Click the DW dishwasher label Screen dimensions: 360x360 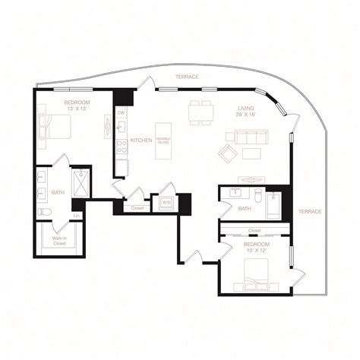121,113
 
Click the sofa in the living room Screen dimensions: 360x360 252,137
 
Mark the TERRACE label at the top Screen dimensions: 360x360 187,77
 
